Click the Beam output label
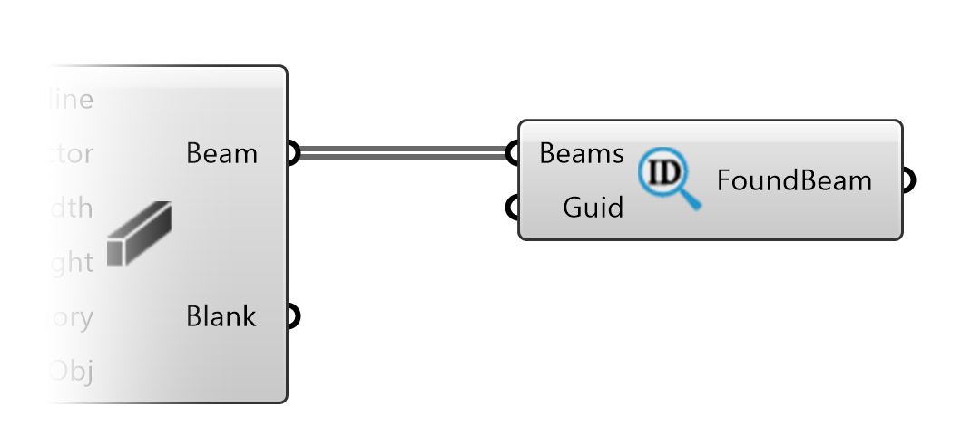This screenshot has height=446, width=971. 221,154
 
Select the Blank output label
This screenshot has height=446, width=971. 221,317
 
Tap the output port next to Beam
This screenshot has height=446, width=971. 290,154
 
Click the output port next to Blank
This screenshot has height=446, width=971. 290,317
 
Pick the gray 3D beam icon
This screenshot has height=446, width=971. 139,235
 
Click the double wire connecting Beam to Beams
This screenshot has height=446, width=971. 399,154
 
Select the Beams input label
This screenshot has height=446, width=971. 581,154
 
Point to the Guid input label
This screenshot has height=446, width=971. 593,208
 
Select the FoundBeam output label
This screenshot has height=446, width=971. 794,181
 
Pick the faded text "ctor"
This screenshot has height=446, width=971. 69,154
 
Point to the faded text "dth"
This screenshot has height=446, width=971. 70,208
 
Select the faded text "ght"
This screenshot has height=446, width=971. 71,264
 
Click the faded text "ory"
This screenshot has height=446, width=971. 71,318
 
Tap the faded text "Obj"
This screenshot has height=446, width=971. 71,372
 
